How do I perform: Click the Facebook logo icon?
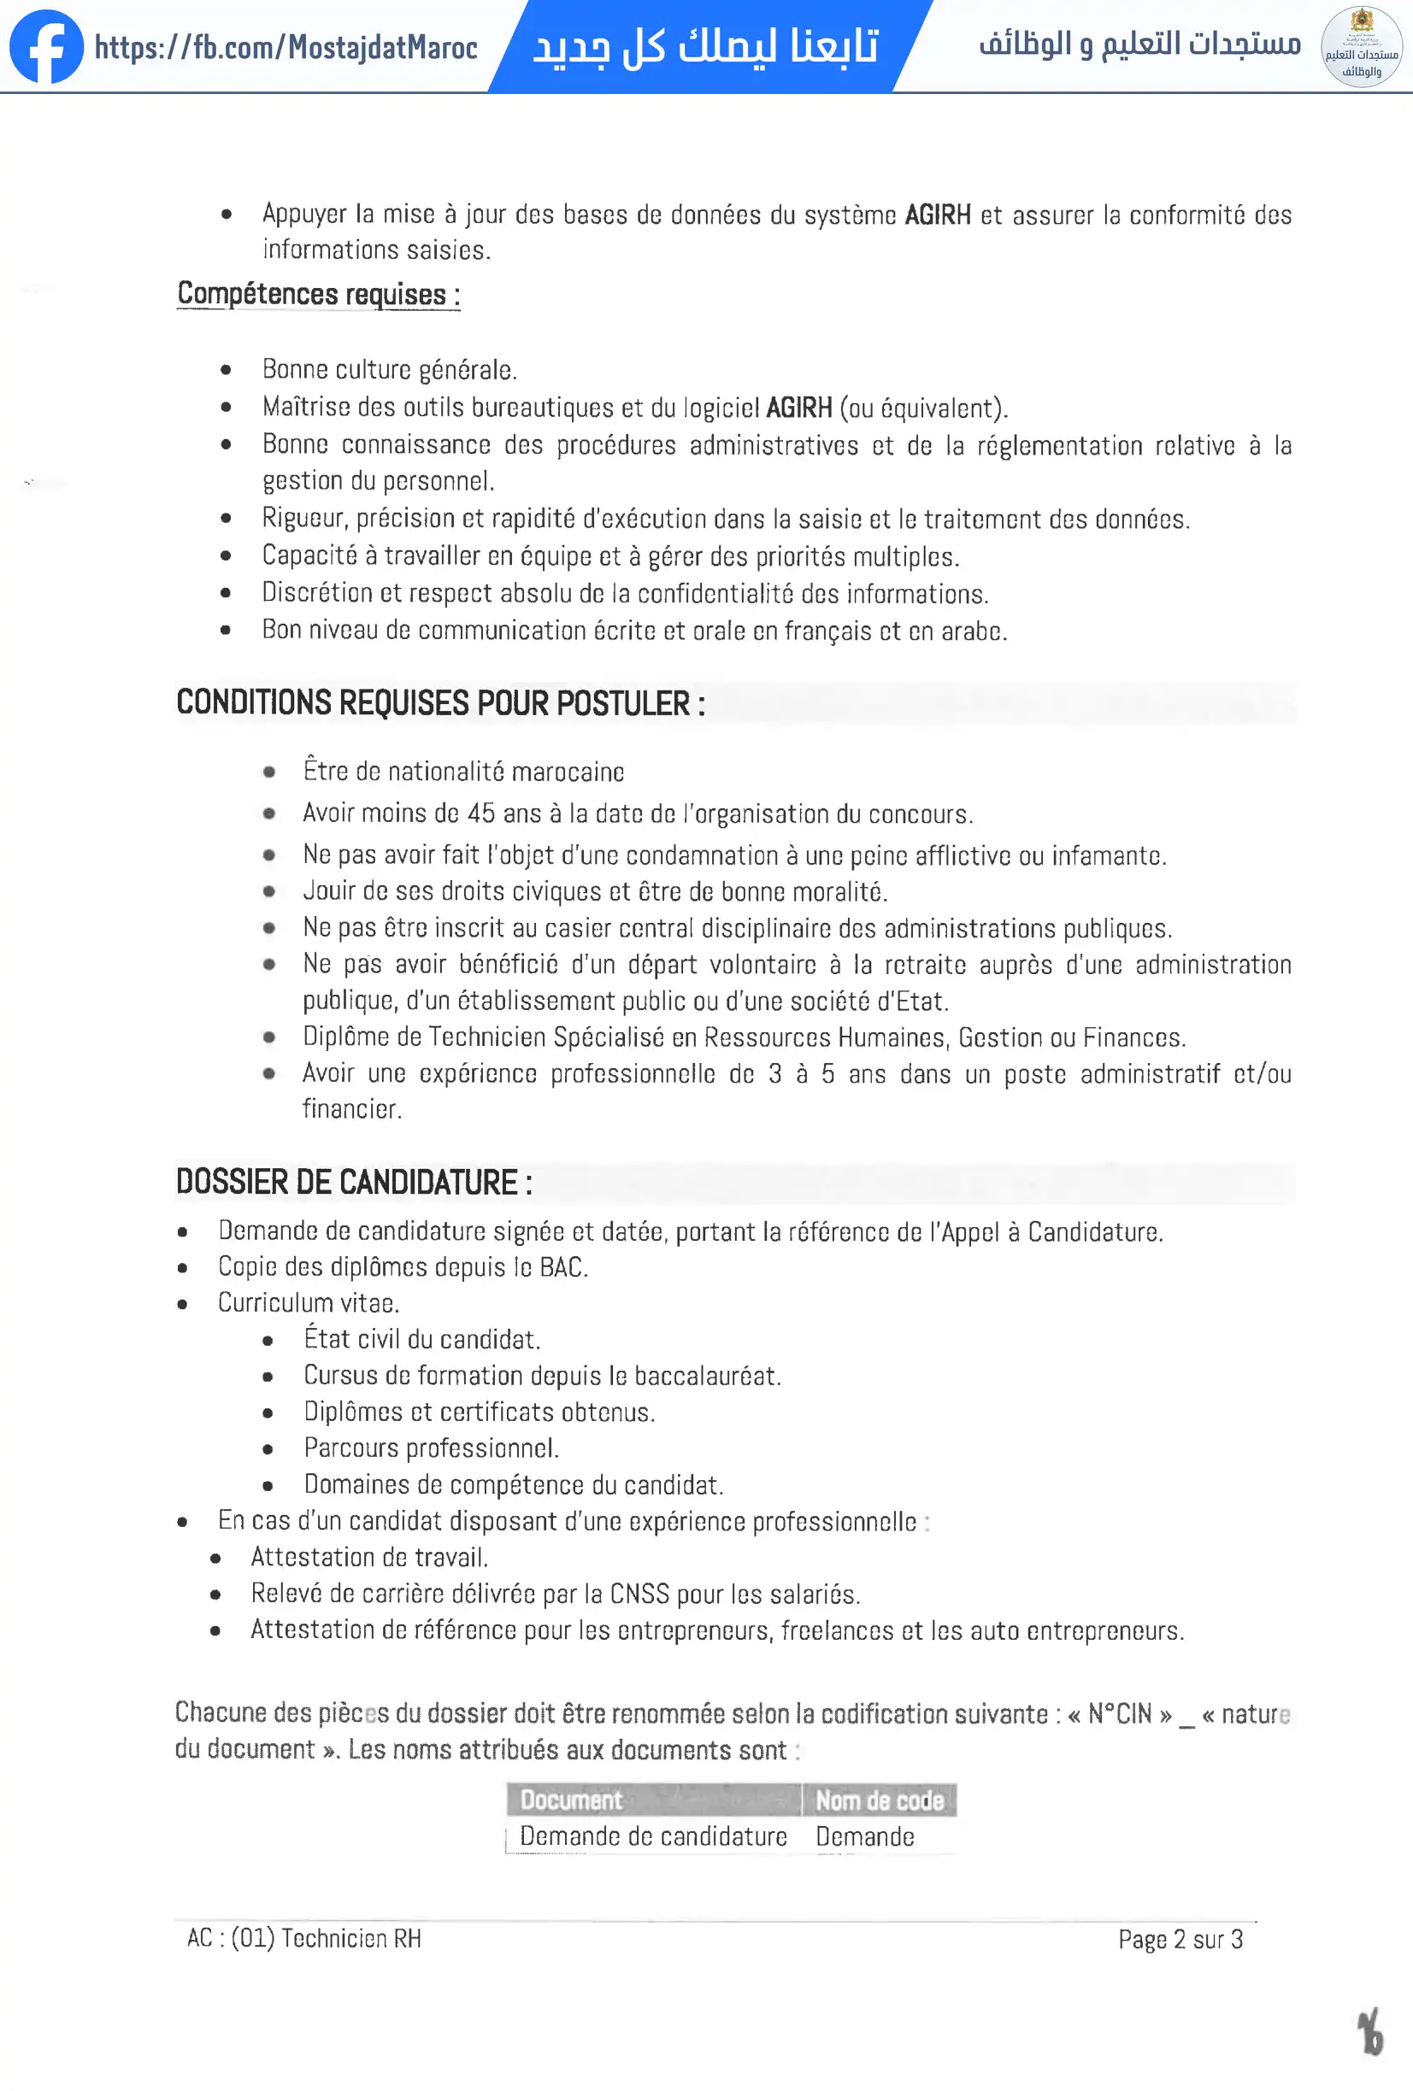(46, 47)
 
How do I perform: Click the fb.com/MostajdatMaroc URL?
(286, 48)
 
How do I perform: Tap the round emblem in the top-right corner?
(1361, 47)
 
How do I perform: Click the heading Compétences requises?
(318, 294)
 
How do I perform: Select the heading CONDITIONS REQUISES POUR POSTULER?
(440, 702)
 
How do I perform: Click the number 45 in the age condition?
(480, 813)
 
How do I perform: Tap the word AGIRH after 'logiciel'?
(798, 408)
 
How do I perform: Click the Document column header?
(571, 1800)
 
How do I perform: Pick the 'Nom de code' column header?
(880, 1800)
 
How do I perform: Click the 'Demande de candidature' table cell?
(653, 1836)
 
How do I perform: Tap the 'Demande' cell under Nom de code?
(865, 1836)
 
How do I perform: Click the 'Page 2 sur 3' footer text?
(1180, 1939)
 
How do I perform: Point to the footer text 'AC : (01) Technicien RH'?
(304, 1938)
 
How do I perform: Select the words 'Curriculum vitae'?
(308, 1304)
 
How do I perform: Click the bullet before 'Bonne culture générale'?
(226, 370)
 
